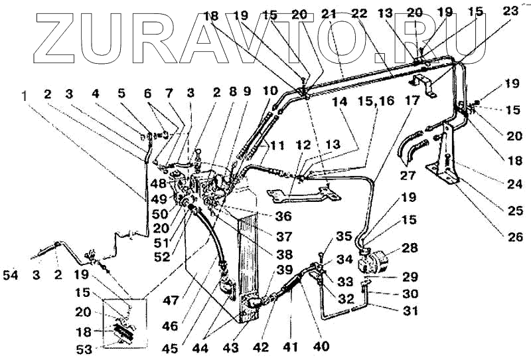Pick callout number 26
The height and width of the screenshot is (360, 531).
click(x=514, y=236)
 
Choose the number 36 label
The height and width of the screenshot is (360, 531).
click(x=264, y=216)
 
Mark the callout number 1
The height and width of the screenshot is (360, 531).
click(x=25, y=95)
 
